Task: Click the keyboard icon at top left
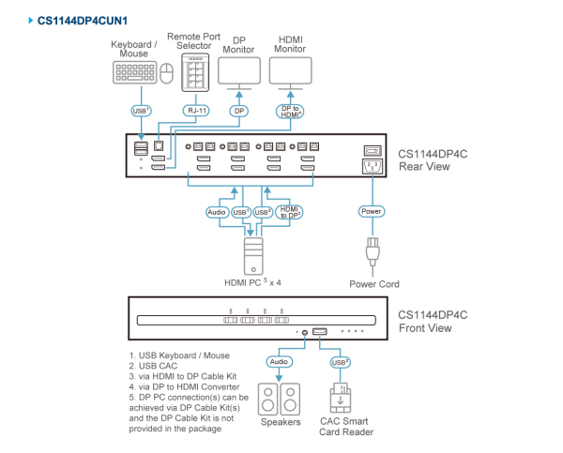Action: coord(134,71)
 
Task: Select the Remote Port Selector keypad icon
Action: coord(194,71)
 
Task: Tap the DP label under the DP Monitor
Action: coord(238,110)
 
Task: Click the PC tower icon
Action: coord(251,253)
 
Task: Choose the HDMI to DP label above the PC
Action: coord(289,212)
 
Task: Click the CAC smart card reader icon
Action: coord(340,398)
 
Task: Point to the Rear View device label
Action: coord(433,159)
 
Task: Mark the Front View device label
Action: coord(433,321)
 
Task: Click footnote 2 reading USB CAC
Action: coord(155,366)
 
